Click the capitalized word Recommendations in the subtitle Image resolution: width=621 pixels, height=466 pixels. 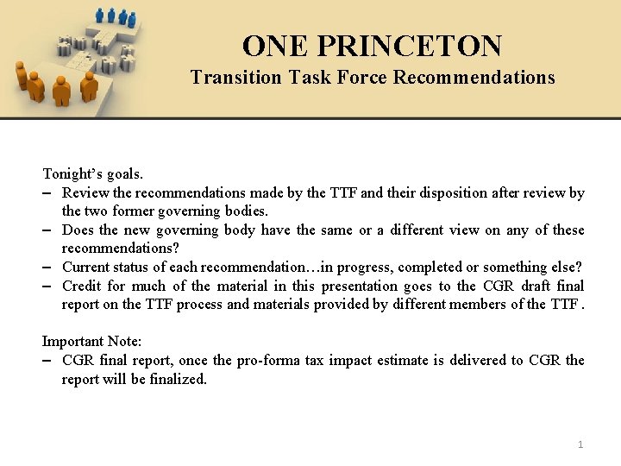474,78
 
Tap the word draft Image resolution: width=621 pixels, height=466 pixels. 536,287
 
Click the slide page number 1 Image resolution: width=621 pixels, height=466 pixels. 580,444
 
